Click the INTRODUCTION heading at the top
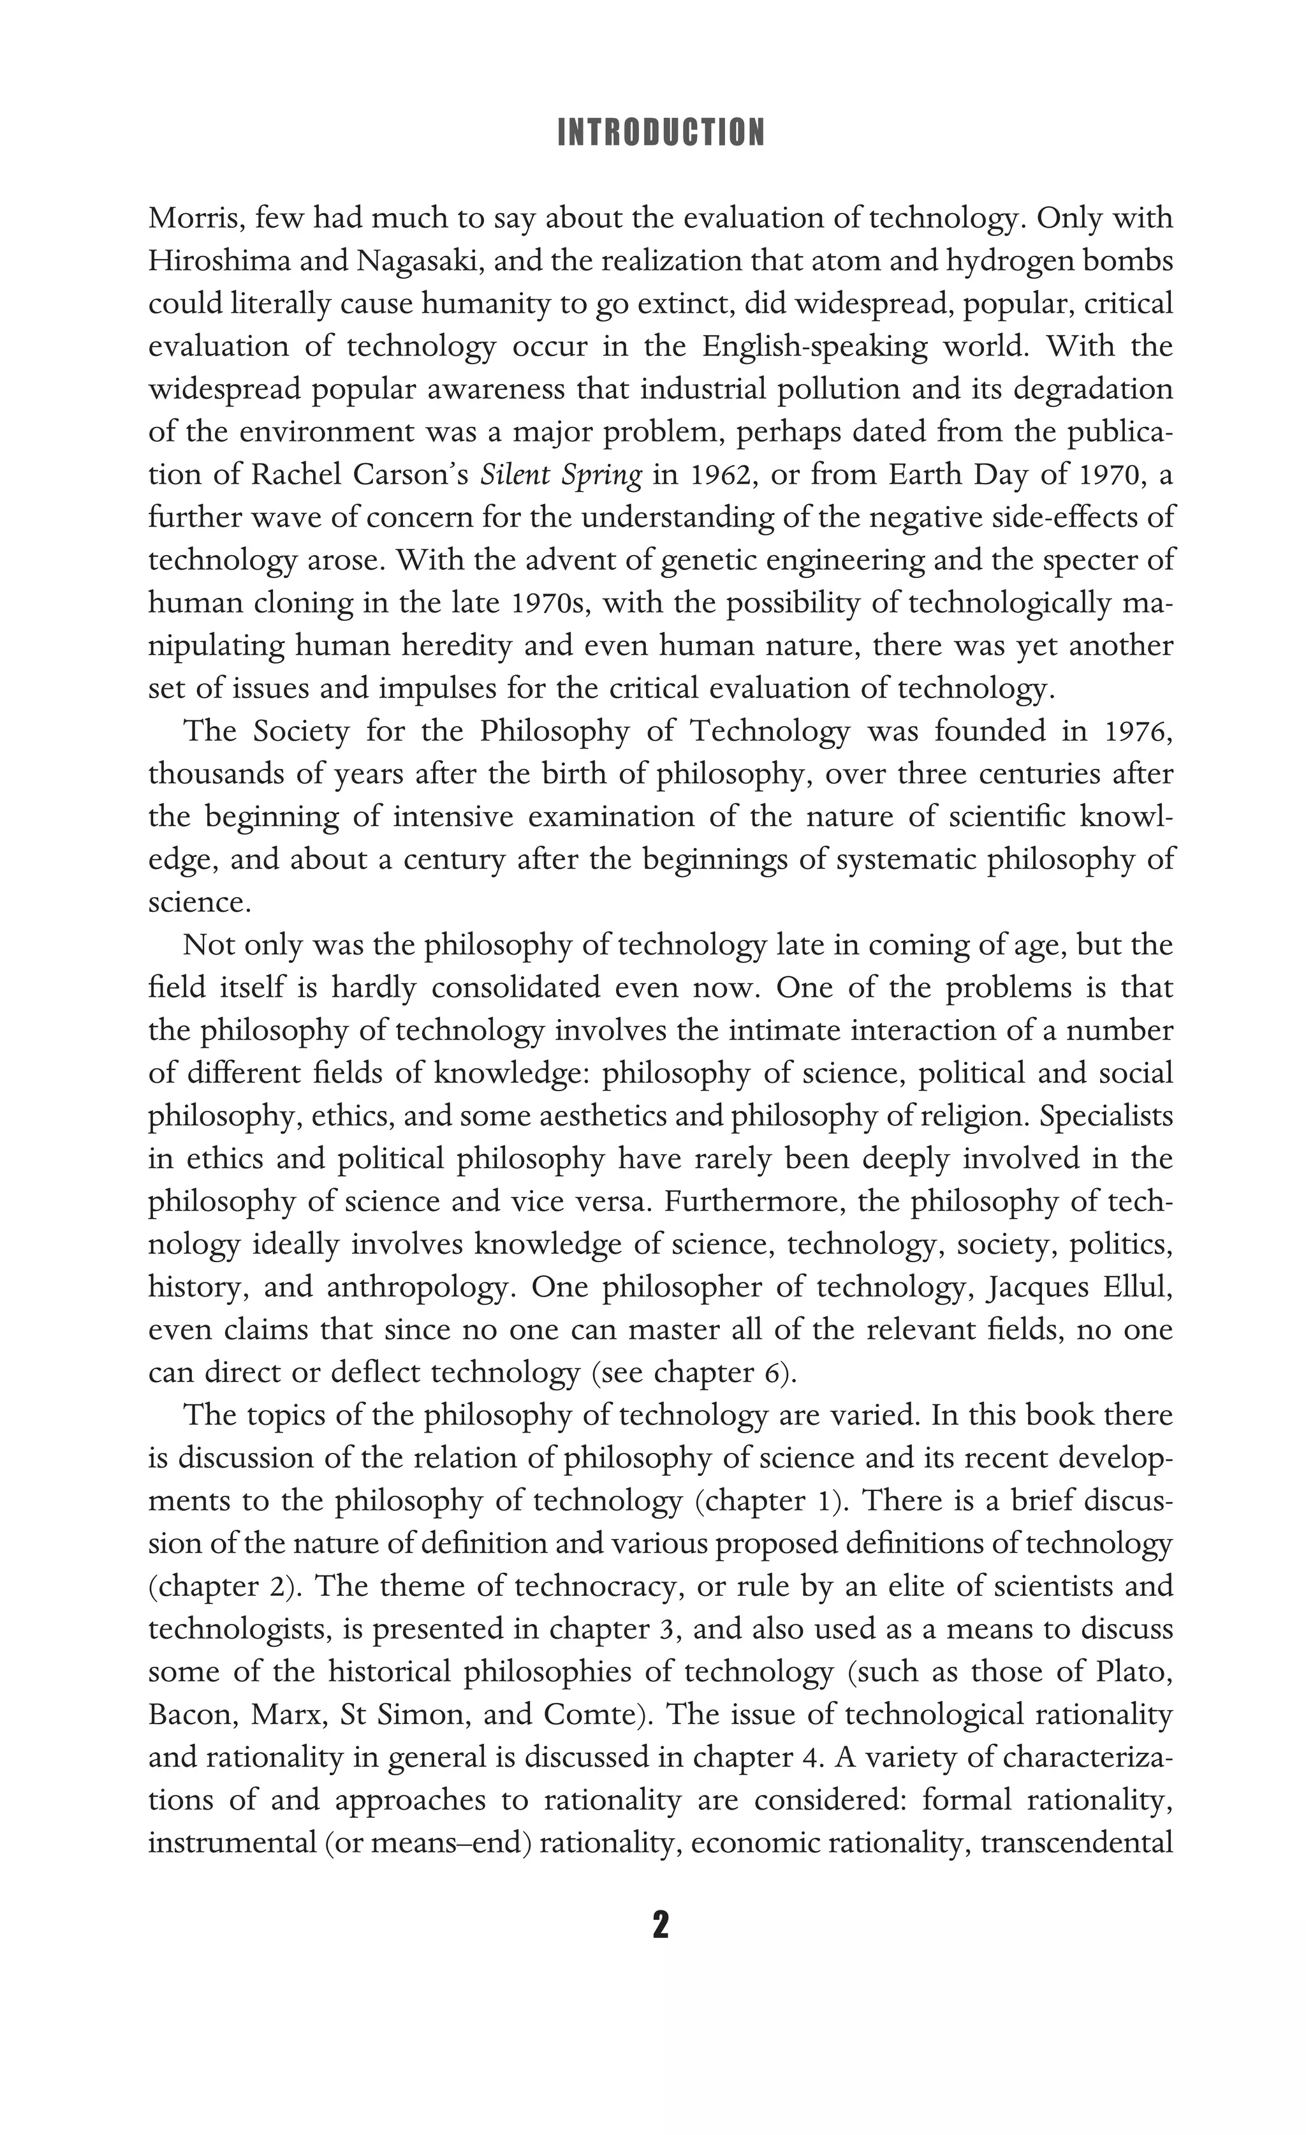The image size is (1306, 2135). click(661, 133)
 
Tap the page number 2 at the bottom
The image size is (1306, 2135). click(660, 1925)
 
